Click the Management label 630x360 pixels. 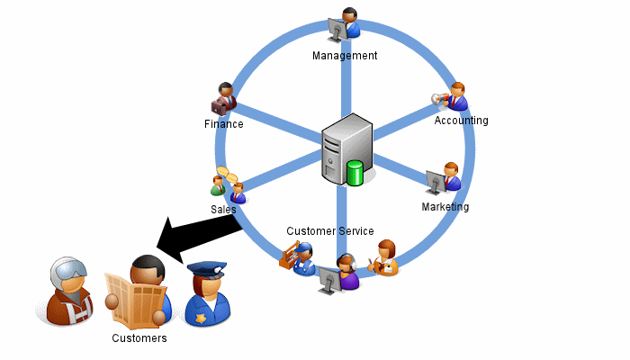tap(345, 56)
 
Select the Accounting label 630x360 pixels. tap(461, 121)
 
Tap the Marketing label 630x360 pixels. tap(445, 207)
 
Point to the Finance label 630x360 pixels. tap(224, 124)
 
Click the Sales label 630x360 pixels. tap(223, 209)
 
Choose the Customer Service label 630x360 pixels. tap(330, 231)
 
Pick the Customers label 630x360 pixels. tap(139, 338)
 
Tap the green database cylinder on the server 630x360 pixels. tap(355, 172)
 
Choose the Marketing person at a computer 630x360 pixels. tap(445, 179)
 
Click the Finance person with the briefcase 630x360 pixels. tap(222, 98)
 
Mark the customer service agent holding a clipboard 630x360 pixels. tap(386, 257)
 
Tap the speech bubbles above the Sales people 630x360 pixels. tap(226, 175)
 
